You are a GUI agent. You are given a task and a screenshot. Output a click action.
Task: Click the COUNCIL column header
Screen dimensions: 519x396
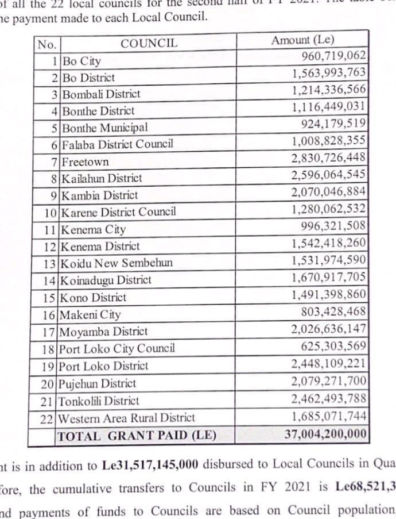[149, 43]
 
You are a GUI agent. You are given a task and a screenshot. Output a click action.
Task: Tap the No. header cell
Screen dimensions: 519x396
[46, 44]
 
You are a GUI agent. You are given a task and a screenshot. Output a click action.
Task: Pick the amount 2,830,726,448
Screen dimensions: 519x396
[328, 157]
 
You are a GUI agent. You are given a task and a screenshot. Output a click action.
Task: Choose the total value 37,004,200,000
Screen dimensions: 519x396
[325, 434]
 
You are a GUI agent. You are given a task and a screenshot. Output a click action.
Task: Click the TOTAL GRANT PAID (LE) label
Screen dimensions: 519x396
[137, 435]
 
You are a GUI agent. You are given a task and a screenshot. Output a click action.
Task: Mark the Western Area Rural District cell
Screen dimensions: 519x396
[127, 418]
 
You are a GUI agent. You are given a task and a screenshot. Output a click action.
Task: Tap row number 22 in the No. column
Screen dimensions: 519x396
[48, 418]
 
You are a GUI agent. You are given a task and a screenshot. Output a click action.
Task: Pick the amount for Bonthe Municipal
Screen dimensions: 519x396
[333, 124]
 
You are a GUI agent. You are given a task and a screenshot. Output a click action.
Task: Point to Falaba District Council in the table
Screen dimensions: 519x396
[117, 144]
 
